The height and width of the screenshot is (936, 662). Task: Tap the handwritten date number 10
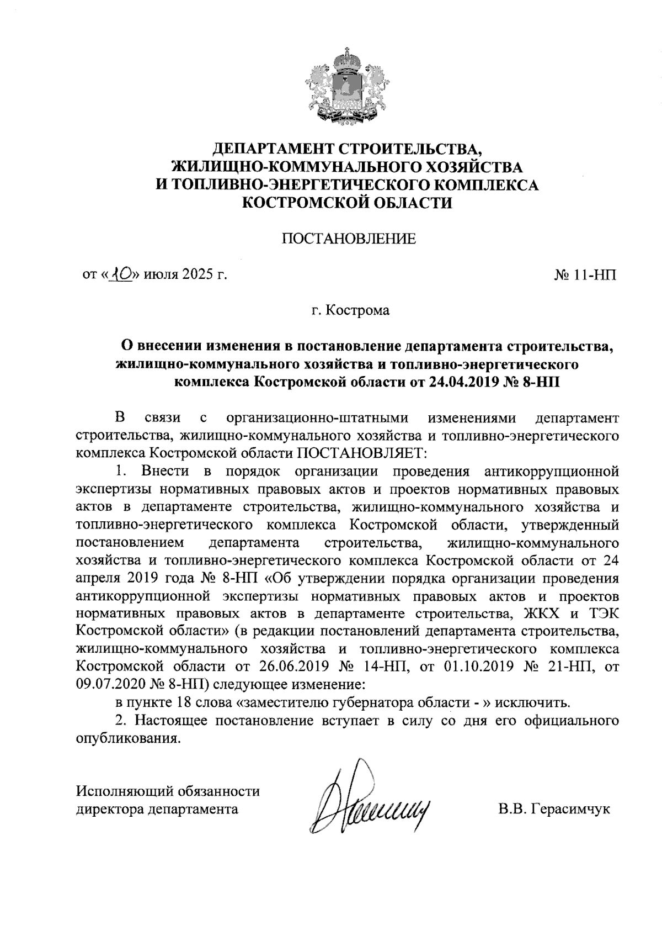(121, 274)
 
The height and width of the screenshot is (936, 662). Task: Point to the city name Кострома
(357, 310)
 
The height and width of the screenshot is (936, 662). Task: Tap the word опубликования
(128, 739)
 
